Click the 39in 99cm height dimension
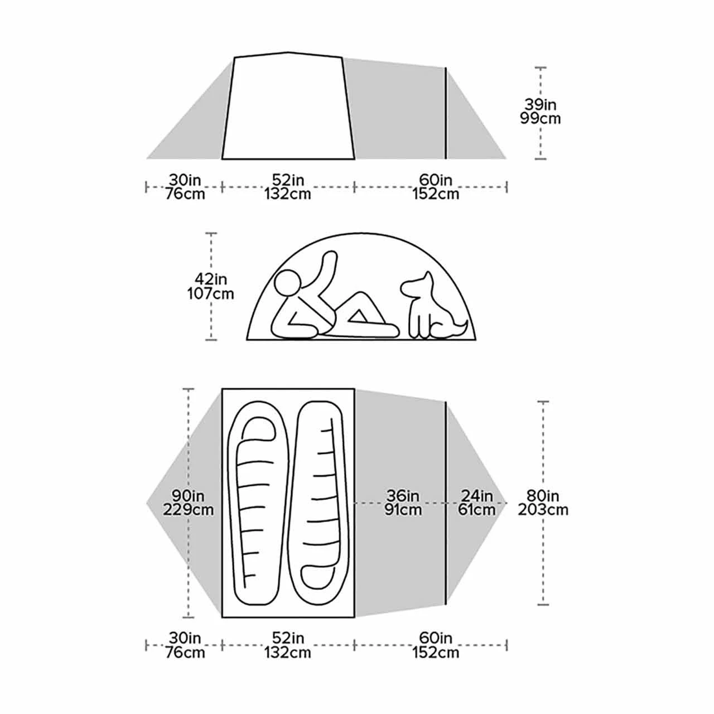(540, 112)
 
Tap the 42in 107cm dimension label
(210, 286)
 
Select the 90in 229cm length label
(189, 503)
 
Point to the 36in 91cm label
(403, 503)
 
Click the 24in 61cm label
(477, 503)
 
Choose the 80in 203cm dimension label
(543, 503)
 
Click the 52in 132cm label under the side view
(288, 187)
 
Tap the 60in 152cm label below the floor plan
(436, 645)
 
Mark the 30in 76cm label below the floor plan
(185, 645)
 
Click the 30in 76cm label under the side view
(185, 187)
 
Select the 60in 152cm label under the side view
(436, 187)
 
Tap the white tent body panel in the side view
(288, 109)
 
